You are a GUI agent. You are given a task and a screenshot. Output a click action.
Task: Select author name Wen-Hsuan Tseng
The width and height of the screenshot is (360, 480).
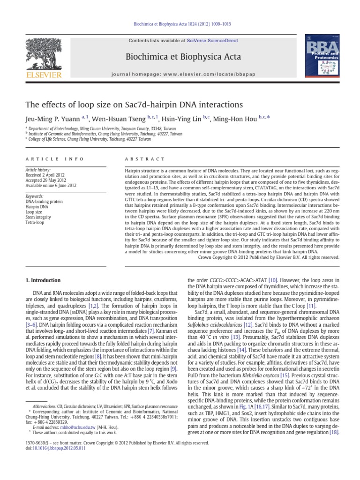tap(119, 120)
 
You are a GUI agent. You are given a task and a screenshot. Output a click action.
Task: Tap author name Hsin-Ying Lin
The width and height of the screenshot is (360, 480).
tap(182, 120)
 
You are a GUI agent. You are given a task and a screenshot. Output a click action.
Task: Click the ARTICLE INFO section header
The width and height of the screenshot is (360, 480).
tap(45, 159)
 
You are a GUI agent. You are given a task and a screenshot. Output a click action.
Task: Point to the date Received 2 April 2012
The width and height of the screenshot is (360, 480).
tap(46, 176)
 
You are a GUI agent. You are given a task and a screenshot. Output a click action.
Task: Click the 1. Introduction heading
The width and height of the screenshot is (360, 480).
tap(42, 280)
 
